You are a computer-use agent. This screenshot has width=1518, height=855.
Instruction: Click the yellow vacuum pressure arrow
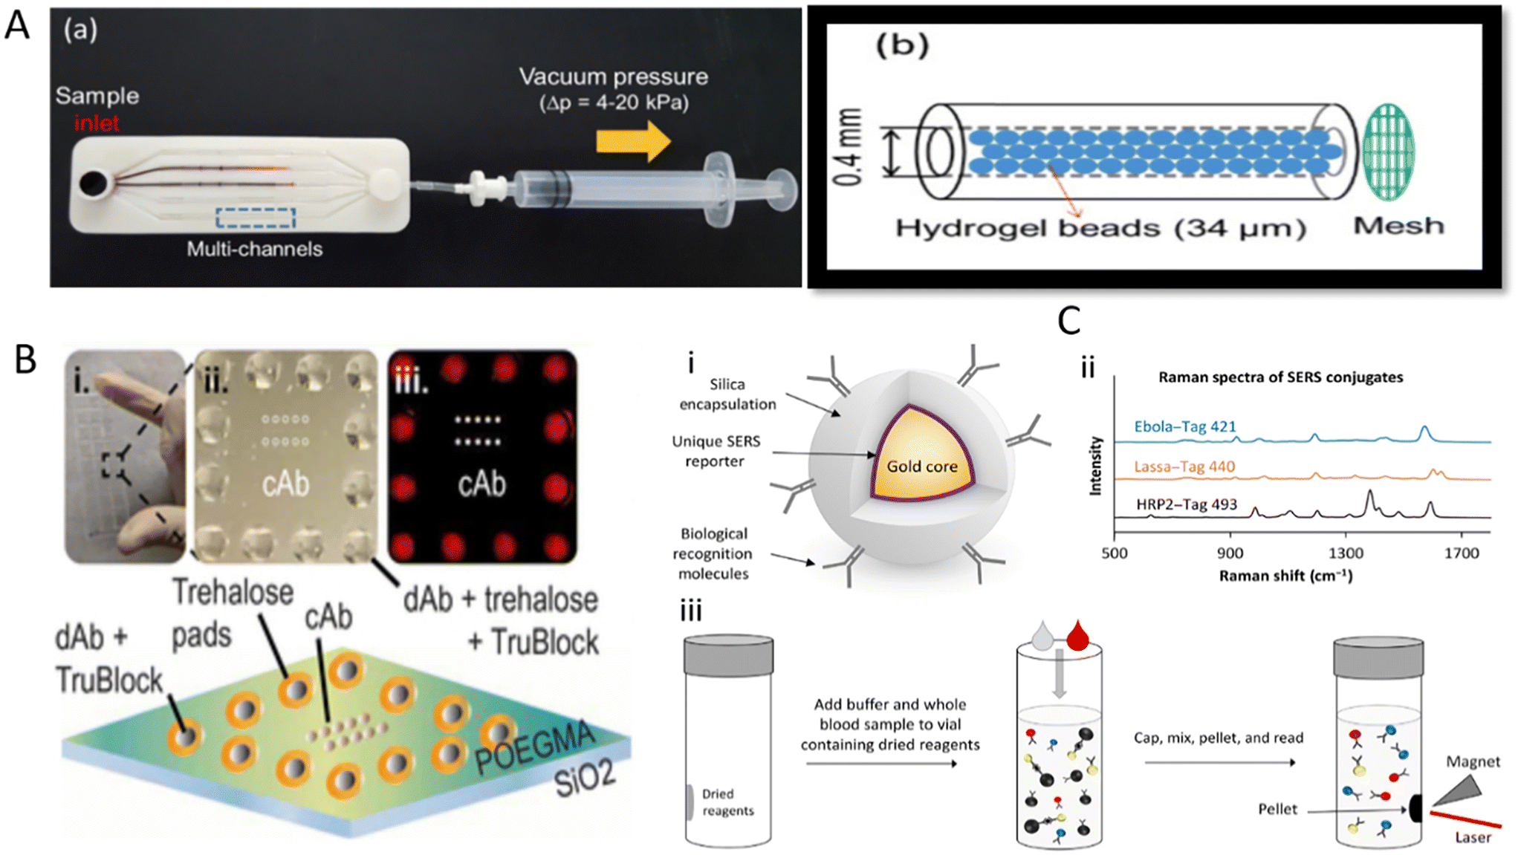[x=632, y=141]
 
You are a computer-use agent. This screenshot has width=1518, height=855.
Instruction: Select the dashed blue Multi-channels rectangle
[x=256, y=218]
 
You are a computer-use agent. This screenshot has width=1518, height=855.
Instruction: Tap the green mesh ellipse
[x=1387, y=152]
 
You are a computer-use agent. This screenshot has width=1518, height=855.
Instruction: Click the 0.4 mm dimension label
[x=849, y=148]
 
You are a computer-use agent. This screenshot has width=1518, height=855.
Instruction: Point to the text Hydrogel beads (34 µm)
[x=1100, y=228]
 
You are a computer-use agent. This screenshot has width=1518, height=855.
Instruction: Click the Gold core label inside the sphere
[x=921, y=466]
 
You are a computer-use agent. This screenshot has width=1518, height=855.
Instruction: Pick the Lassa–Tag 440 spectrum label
[x=1184, y=466]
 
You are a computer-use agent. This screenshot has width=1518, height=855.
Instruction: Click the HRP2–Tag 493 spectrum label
[x=1186, y=505]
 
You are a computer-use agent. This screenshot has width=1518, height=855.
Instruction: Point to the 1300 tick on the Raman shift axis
[x=1346, y=553]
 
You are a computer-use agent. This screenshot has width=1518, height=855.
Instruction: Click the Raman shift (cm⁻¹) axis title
[x=1285, y=576]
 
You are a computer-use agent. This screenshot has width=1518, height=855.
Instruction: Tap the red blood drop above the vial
[x=1077, y=637]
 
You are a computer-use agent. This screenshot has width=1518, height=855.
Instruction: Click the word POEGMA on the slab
[x=535, y=747]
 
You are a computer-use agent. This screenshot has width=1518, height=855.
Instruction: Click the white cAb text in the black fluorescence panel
[x=481, y=485]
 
